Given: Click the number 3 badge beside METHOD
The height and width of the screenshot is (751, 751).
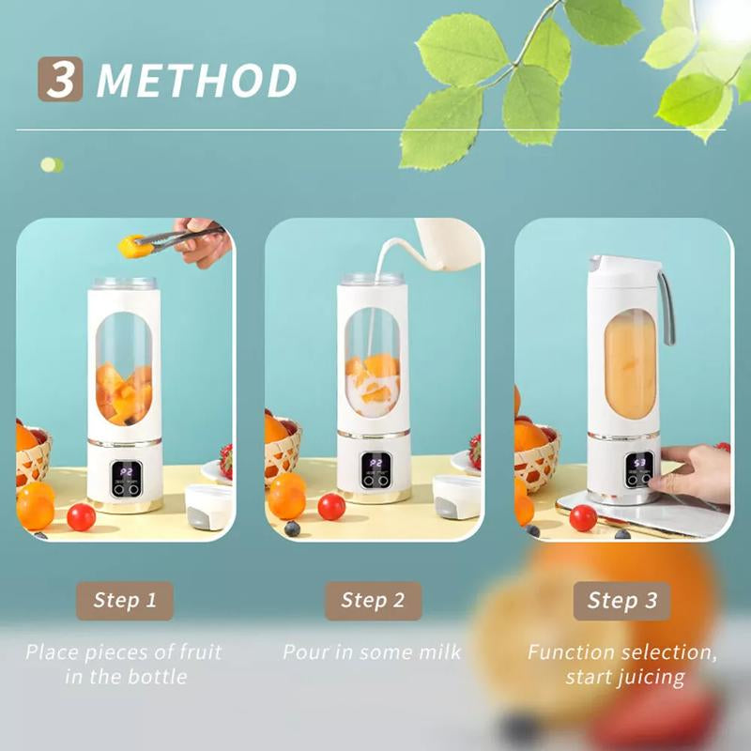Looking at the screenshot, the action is coord(60,79).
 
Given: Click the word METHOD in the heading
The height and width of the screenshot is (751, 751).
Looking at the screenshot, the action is coord(197,81).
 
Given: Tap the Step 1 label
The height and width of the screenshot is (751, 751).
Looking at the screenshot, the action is coord(125,601).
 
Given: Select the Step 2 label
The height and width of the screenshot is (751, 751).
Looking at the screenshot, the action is coord(373,601).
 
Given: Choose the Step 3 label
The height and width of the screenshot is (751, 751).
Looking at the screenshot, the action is coord(621,601).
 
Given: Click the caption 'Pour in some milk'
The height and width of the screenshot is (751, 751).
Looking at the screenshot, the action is coord(372,651).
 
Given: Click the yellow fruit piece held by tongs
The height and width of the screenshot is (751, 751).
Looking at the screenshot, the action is coord(130,246).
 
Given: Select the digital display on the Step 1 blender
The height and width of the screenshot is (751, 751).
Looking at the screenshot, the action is coord(127,478).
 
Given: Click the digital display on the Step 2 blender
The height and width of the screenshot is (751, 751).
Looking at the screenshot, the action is coord(376,470).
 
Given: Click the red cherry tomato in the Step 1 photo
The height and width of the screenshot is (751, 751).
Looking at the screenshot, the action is coord(81,517).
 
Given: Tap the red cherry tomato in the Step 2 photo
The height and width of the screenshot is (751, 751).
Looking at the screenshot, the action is coord(331,507).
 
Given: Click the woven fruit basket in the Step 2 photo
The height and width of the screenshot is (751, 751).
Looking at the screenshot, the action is coord(283,451).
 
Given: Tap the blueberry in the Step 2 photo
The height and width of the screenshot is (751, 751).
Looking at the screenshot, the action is coord(292,529).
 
